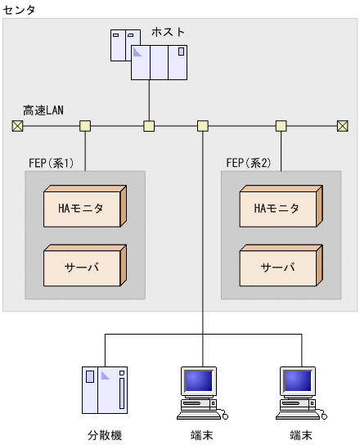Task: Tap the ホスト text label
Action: [168, 32]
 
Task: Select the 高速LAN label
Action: [43, 110]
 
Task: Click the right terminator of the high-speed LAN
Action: [343, 126]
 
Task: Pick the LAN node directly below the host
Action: [149, 126]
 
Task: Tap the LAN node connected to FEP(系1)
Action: [85, 126]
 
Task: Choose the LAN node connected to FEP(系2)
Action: [281, 126]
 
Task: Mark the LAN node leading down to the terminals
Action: [203, 126]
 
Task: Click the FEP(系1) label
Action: [51, 163]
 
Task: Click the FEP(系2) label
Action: [248, 163]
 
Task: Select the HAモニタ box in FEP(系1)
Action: [82, 209]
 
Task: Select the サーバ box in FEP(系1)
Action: [82, 267]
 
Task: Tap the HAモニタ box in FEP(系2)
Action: [277, 209]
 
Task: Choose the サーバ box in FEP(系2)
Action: [277, 267]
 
